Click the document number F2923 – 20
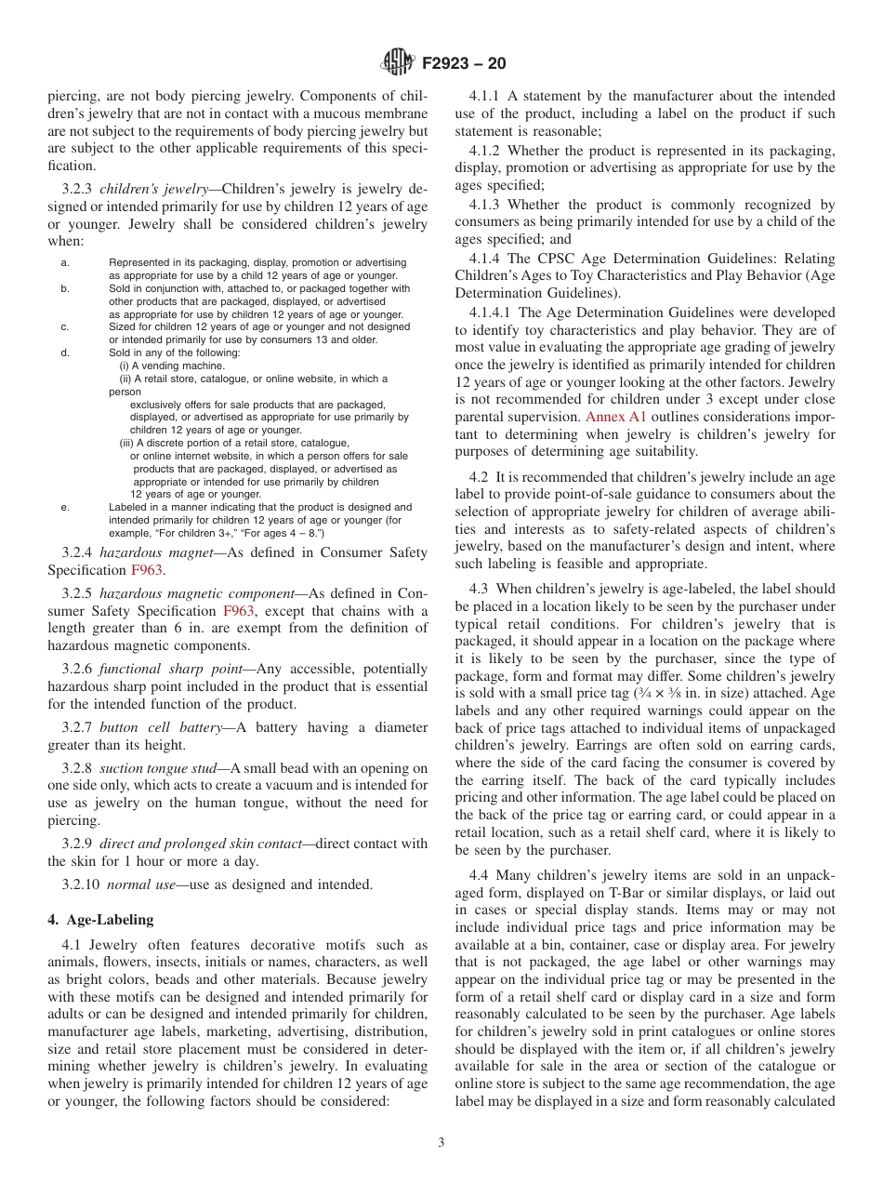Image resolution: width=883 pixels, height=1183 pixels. [x=464, y=64]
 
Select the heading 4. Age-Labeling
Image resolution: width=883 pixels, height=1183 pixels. [x=100, y=920]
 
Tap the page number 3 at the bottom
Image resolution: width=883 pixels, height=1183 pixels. [x=441, y=1143]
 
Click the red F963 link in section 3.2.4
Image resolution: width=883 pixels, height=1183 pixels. [x=146, y=569]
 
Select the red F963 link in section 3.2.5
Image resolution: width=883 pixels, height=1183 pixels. [x=239, y=611]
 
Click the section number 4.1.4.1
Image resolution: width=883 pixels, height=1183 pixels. [x=493, y=312]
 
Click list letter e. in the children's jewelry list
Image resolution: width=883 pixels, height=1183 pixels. [x=65, y=508]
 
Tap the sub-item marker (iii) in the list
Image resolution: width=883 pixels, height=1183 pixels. [x=126, y=444]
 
